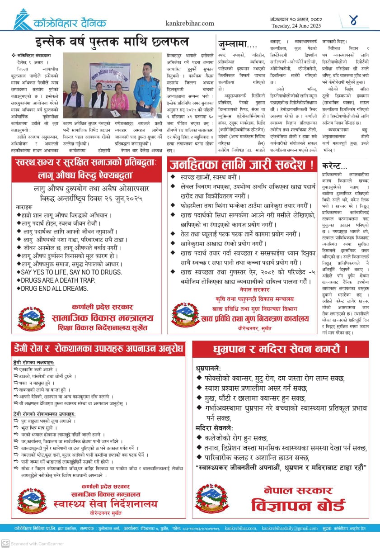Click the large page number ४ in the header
pyautogui.click(x=353, y=20)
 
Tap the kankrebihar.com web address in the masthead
pyautogui.click(x=190, y=24)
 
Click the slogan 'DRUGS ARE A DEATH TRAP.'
pyautogui.click(x=57, y=280)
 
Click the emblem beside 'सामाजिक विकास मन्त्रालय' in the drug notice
pyautogui.click(x=31, y=318)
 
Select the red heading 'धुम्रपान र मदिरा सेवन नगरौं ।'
pyautogui.click(x=281, y=349)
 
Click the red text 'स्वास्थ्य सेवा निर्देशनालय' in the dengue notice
pyautogui.click(x=105, y=504)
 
